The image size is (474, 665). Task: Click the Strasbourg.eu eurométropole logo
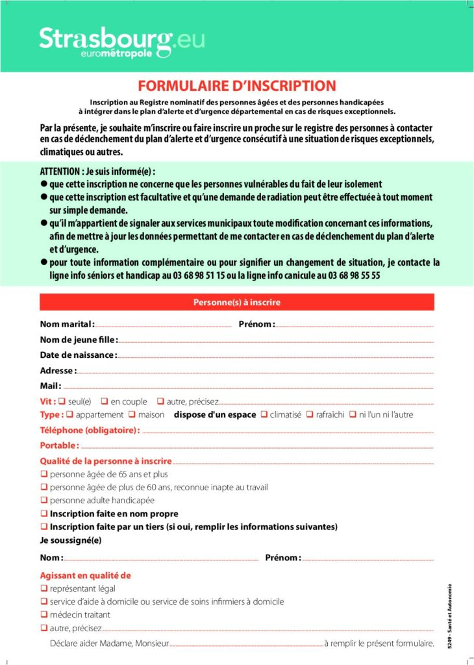(121, 42)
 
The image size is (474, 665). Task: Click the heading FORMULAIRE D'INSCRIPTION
(237, 86)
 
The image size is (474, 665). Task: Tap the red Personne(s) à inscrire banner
(236, 302)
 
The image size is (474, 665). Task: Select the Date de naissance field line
(275, 356)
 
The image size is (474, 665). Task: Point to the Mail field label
(50, 386)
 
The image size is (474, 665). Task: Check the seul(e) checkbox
(62, 401)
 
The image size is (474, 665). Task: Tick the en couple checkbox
(105, 401)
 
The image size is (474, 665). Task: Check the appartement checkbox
(70, 414)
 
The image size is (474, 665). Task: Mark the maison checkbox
(132, 414)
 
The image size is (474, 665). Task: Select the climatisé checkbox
(264, 414)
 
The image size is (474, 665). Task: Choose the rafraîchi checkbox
(310, 414)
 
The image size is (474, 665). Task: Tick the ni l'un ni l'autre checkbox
(353, 414)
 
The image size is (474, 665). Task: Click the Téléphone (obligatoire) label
(90, 430)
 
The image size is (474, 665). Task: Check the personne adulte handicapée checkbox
(44, 500)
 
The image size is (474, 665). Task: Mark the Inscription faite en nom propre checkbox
(44, 513)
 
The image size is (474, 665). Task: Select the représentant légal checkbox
(44, 588)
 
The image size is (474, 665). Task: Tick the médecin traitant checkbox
(44, 614)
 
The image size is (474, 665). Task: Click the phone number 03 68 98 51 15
(195, 275)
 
